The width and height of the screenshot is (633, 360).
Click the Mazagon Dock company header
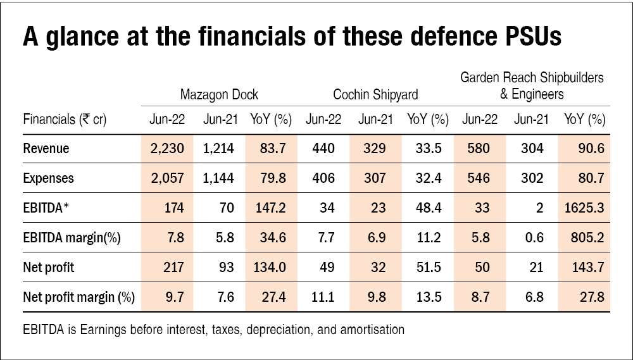click(219, 95)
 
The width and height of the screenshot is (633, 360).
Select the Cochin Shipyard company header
click(375, 95)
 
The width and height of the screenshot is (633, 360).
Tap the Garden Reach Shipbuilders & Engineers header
click(532, 86)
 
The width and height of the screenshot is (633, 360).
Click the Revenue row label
click(46, 149)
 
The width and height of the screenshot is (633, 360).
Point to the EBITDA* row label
click(47, 208)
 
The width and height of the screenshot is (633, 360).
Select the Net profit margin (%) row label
click(73, 297)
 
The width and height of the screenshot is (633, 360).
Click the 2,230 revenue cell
click(166, 149)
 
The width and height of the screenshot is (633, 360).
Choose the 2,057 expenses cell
click(166, 178)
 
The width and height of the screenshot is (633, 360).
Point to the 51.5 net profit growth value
click(427, 268)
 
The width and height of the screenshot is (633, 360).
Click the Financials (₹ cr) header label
click(65, 119)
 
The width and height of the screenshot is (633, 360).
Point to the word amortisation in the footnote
click(372, 330)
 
